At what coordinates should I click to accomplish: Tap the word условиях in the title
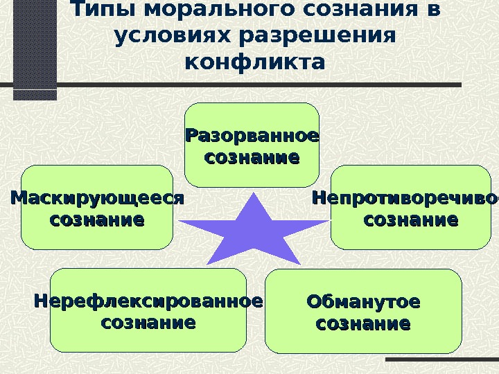164,37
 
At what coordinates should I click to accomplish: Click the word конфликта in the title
254,62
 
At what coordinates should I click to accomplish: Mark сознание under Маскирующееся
97,221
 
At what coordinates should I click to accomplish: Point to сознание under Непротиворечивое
410,221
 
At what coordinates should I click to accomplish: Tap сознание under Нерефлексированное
148,323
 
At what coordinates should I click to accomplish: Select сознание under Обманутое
363,323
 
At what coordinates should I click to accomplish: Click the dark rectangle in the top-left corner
35,48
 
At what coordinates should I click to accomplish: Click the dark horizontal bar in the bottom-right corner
441,360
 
